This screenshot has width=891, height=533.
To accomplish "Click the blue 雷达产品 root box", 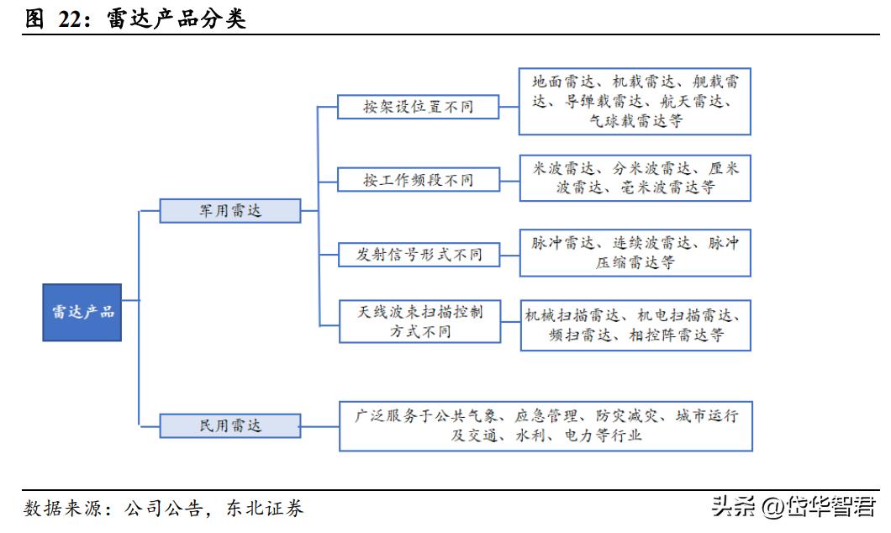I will click(82, 312).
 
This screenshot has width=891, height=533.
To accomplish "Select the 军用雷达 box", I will click(230, 210).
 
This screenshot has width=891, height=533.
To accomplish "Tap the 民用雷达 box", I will click(230, 425).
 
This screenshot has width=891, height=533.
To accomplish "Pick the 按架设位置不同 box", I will click(418, 107).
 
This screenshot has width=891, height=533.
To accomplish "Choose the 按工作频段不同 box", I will click(418, 180).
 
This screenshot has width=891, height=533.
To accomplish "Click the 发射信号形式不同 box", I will click(418, 254).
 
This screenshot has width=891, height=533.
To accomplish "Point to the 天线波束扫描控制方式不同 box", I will click(418, 321).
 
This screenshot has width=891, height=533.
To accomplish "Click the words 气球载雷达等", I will click(635, 121).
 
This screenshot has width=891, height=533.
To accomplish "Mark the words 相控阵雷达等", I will click(685, 335).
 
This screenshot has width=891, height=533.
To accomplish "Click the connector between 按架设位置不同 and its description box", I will click(509, 107).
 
